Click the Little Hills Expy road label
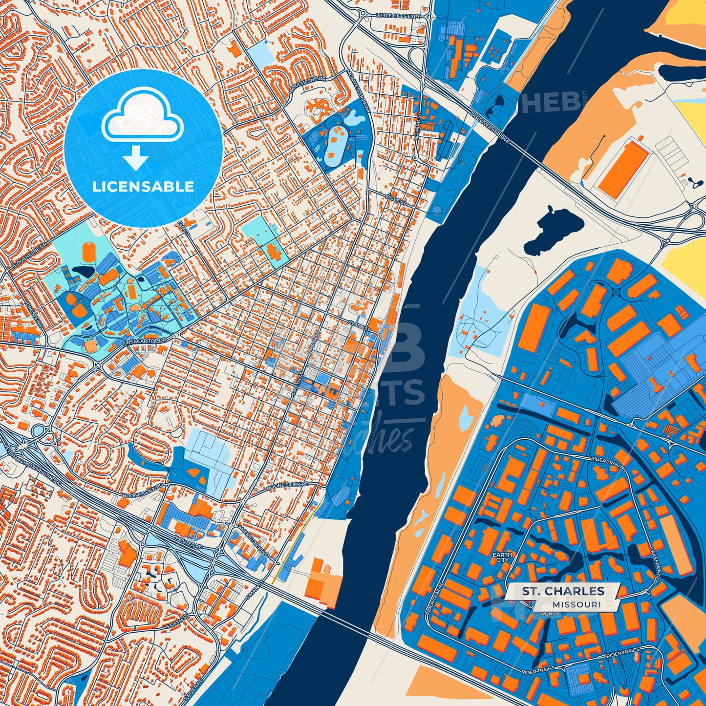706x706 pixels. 398,16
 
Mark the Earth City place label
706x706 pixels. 502,557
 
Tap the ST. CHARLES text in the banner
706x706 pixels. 563,591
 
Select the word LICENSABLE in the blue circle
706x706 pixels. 143,187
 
